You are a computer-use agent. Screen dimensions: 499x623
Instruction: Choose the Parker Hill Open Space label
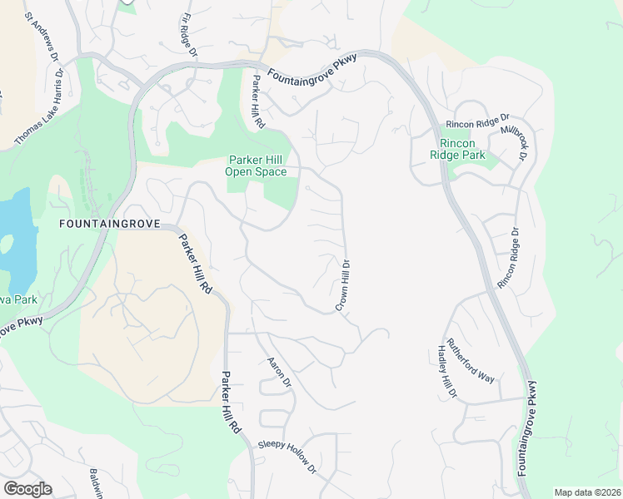point(257,166)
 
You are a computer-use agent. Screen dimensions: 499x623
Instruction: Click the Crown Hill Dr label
point(342,285)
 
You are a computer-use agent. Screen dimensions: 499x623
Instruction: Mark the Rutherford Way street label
point(471,360)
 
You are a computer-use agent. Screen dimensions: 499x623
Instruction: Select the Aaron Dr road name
point(278,372)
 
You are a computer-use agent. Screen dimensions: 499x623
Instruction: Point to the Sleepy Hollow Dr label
point(288,457)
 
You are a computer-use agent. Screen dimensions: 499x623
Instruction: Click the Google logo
point(27,489)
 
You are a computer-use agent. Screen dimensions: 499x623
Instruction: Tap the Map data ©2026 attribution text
point(587,492)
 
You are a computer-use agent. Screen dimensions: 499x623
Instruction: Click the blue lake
point(17,225)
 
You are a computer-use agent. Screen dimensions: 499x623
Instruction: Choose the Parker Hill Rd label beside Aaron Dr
point(231,402)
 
